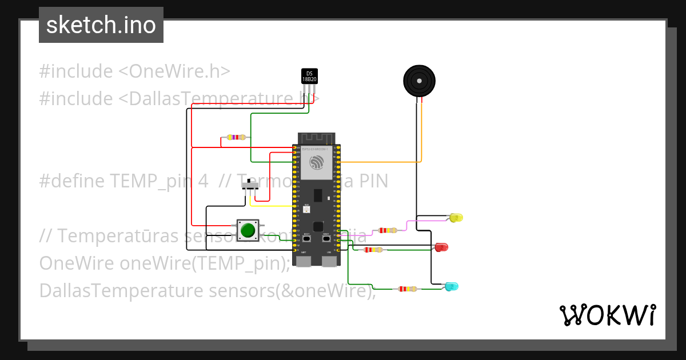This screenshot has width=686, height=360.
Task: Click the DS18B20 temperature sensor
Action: click(x=309, y=77)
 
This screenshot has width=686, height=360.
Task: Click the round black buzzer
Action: click(x=419, y=81)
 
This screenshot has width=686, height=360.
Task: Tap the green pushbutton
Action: click(x=248, y=230)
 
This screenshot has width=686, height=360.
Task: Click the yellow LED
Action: click(x=456, y=218)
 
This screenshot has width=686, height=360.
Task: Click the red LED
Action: click(x=441, y=247)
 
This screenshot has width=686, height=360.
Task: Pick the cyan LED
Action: click(x=451, y=286)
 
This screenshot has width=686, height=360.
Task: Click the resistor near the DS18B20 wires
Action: click(x=236, y=137)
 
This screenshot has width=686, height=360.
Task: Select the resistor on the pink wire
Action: click(x=388, y=230)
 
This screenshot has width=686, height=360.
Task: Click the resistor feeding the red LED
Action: click(x=373, y=250)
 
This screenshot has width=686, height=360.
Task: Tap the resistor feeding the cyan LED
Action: click(x=407, y=289)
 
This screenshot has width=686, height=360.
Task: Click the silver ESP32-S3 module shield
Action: click(x=316, y=162)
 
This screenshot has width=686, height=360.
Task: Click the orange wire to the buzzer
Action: click(x=421, y=137)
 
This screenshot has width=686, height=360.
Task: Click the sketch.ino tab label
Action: click(x=101, y=25)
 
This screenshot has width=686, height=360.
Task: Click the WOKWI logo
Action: click(x=607, y=315)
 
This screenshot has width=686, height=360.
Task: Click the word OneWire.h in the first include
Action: click(x=180, y=71)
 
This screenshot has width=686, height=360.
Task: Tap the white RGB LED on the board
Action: click(x=306, y=210)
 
